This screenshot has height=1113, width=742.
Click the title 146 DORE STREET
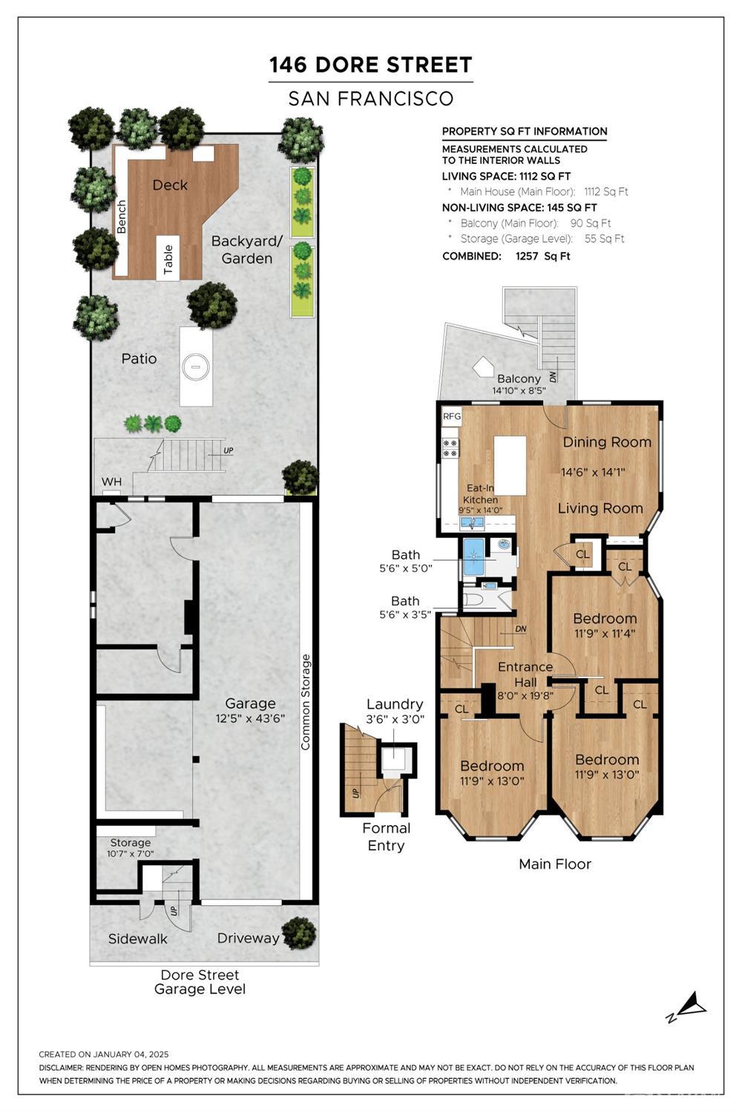pos(371,65)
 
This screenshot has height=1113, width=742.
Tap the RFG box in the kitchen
pos(452,416)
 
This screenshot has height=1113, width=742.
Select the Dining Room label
pos(607,442)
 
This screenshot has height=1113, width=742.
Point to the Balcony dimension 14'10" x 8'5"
pos(519,390)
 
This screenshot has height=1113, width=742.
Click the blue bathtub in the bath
pos(474,556)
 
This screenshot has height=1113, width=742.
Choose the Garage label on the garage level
pos(250,704)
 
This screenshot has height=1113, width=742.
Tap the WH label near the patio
pos(111,482)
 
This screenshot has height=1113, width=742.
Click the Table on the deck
pos(168,259)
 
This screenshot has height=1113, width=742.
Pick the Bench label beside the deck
pos(121,217)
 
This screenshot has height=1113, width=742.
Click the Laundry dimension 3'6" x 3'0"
pos(395,719)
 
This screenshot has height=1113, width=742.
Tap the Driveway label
pos(248,938)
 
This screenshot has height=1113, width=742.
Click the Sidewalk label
pos(138,939)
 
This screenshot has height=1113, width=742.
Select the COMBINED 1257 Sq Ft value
pos(543,257)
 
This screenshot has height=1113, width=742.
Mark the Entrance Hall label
pos(525,674)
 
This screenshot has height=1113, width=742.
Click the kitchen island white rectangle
pos(510,465)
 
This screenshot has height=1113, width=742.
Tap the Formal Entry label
pos(386,837)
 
